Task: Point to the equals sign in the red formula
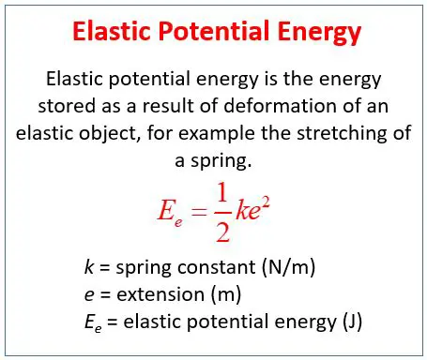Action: point(199,208)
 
